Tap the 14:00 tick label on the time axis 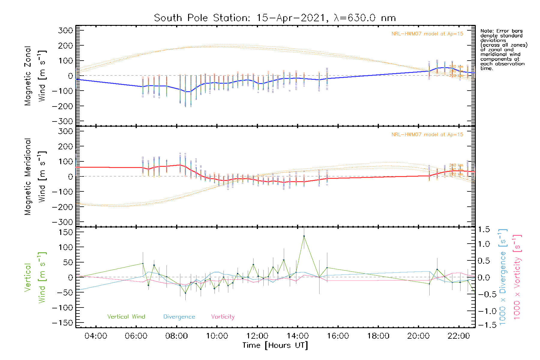297,336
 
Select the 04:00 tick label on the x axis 96,336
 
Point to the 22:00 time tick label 459,336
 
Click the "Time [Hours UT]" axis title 275,346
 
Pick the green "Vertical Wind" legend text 126,317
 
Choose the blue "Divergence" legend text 179,317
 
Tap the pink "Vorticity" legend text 223,317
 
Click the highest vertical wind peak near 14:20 304,236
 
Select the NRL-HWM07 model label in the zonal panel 427,34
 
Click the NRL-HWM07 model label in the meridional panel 427,135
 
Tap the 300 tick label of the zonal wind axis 66,30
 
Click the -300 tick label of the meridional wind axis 63,222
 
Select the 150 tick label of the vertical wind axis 66,232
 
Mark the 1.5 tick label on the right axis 484,229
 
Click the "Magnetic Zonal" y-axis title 28,76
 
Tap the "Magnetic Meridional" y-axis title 28,177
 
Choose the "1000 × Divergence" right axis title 502,277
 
